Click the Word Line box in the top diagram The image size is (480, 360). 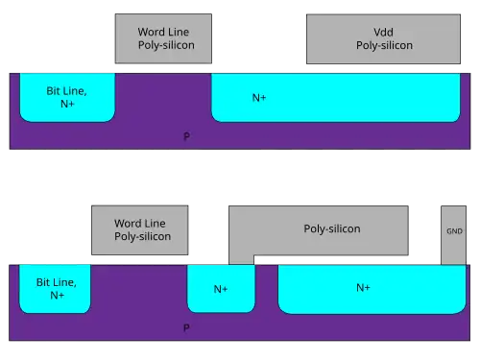163,38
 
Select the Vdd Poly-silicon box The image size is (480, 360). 383,38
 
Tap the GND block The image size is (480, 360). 453,235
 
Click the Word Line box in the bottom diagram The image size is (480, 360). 140,230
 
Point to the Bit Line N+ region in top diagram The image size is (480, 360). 67,97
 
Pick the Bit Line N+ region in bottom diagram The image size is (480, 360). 55,289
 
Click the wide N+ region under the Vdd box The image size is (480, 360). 336,98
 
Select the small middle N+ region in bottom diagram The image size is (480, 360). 221,288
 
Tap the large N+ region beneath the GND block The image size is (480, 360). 372,289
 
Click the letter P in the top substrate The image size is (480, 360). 186,136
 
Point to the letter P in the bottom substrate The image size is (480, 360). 186,327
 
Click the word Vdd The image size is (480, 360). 383,32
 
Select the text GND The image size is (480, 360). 454,231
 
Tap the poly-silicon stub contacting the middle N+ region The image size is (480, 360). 241,259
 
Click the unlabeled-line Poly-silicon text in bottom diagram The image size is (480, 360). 332,229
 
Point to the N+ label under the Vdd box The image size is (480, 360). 259,98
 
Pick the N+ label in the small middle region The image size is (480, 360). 221,289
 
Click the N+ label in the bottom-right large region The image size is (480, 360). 363,288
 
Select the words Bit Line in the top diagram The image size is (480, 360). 66,91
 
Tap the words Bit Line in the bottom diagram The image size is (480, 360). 57,282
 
